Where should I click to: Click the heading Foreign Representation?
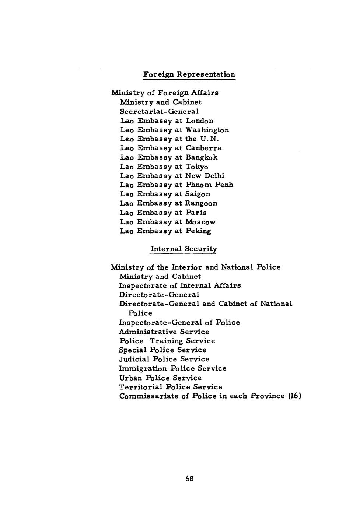[x=189, y=74]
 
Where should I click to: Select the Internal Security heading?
[x=184, y=249]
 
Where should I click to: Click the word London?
[x=199, y=121]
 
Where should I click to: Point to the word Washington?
[x=207, y=130]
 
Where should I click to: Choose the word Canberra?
[x=203, y=148]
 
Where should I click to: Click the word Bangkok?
[x=202, y=157]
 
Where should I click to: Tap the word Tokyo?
[x=197, y=167]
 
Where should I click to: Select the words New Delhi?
[x=205, y=176]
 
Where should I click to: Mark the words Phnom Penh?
[x=209, y=185]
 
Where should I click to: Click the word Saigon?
[x=198, y=194]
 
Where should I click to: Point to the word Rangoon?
[x=201, y=203]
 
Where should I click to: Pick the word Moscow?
[x=200, y=222]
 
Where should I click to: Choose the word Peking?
[x=198, y=231]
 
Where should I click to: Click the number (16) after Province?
[x=295, y=396]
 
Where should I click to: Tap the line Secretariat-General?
[x=159, y=111]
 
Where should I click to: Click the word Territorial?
[x=141, y=387]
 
